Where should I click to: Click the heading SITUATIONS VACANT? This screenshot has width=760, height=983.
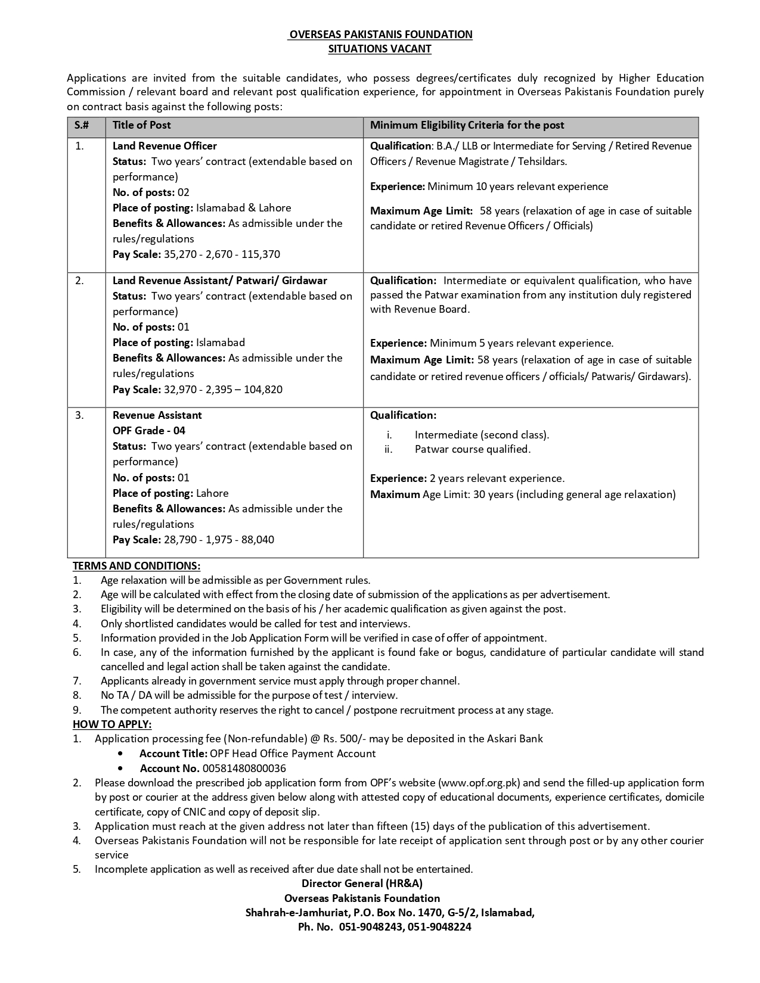(x=380, y=49)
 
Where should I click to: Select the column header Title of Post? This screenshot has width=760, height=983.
(x=141, y=125)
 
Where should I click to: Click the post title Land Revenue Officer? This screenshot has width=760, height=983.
(x=165, y=146)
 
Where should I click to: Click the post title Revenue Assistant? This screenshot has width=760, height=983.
(x=157, y=415)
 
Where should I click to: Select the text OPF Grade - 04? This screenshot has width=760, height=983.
(x=149, y=431)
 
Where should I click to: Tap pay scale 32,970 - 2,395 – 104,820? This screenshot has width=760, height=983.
(x=223, y=390)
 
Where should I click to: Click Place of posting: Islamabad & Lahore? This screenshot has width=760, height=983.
(x=201, y=208)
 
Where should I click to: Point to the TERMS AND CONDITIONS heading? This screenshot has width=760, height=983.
(x=137, y=565)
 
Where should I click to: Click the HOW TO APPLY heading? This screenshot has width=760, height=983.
(x=112, y=724)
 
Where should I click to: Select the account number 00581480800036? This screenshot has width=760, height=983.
(x=244, y=769)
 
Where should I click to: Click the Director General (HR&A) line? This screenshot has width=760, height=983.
(x=362, y=884)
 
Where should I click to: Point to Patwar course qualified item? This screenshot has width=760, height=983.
(x=472, y=449)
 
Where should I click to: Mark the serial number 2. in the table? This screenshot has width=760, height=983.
(x=79, y=281)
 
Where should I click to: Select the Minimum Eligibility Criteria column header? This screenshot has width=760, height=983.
(x=467, y=125)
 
